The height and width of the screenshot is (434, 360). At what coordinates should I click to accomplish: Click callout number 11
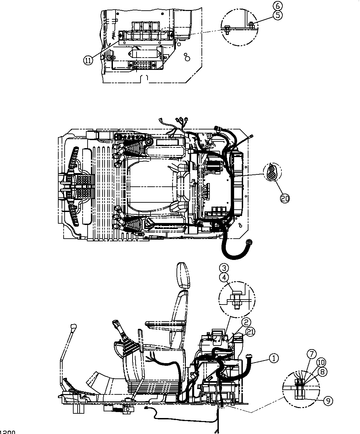click(88, 61)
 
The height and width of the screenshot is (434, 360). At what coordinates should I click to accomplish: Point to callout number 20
click(285, 199)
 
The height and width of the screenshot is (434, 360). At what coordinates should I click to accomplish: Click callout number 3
click(224, 268)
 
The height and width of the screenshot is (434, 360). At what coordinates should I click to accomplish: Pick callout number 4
click(224, 277)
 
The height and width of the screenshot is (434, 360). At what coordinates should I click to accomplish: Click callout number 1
click(273, 358)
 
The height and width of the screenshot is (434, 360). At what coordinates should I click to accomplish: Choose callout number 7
click(312, 354)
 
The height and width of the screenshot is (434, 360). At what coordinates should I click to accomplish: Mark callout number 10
click(320, 362)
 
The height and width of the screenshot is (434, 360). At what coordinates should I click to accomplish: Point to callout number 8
click(322, 372)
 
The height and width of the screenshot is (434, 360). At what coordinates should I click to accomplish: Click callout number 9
click(328, 401)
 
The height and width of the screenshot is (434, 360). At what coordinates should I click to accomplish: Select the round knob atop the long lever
click(74, 326)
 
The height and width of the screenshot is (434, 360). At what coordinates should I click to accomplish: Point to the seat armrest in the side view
click(165, 323)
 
